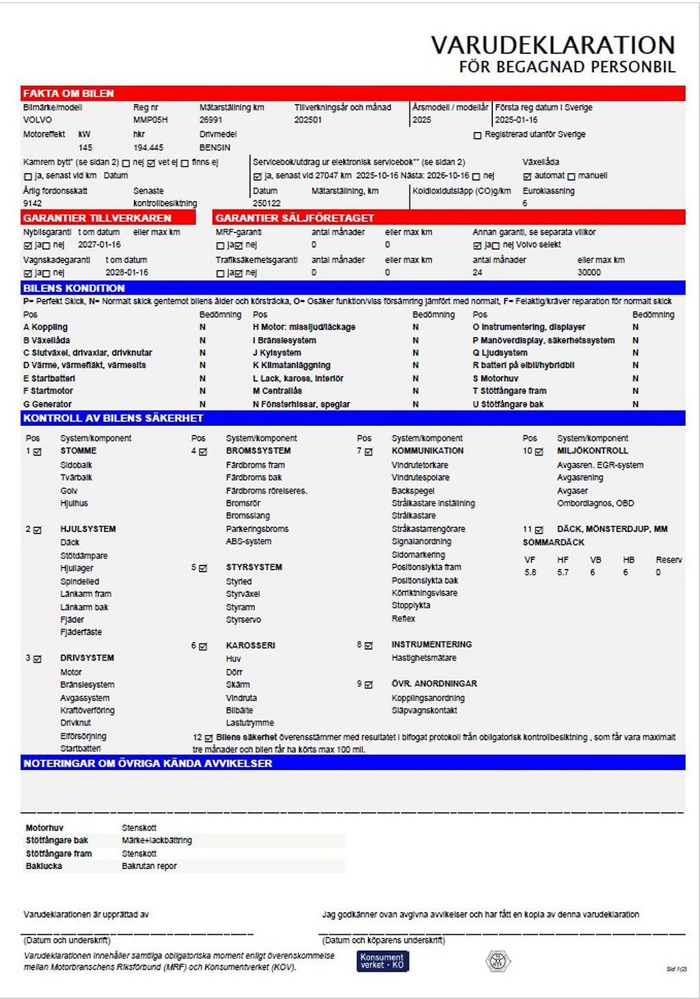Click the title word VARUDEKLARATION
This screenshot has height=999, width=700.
(x=552, y=45)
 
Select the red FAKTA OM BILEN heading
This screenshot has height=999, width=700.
(x=68, y=94)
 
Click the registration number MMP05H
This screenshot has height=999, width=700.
(x=150, y=120)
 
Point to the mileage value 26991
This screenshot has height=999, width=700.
(x=211, y=120)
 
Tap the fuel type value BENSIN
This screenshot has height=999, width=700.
(x=215, y=148)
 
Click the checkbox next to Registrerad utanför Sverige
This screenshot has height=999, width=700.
(x=477, y=135)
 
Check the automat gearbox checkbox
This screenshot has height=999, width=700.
(x=527, y=176)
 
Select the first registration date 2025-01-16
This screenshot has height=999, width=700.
(x=516, y=120)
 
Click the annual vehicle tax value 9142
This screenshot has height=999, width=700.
(x=32, y=203)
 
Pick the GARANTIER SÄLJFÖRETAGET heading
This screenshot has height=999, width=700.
(x=295, y=218)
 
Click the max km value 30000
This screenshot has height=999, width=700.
(x=589, y=272)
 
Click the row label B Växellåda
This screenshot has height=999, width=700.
(x=46, y=340)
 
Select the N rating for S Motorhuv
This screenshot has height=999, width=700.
(x=635, y=378)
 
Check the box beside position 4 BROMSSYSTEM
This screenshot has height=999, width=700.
(x=203, y=452)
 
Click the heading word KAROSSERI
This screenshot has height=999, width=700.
(x=250, y=645)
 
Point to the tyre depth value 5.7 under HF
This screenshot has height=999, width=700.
(x=563, y=572)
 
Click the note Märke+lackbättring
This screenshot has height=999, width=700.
(x=157, y=840)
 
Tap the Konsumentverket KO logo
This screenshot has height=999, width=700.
(x=382, y=961)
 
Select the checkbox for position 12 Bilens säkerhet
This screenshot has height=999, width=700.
(x=209, y=738)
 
